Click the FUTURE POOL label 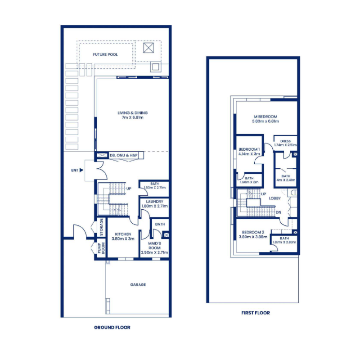tap(105, 55)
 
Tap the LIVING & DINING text tap(132, 112)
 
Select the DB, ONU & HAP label tap(123, 155)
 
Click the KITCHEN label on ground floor tap(122, 234)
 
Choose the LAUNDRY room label tap(155, 201)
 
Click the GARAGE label tap(138, 284)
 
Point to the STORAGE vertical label tap(101, 227)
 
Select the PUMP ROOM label tap(101, 249)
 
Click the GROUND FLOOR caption tap(112, 327)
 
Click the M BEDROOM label tap(265, 117)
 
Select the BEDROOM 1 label tap(249, 149)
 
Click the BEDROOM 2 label tap(250, 232)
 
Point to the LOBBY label tap(275, 198)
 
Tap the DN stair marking tap(278, 212)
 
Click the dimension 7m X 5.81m tap(132, 117)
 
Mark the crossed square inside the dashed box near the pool tap(148, 48)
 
